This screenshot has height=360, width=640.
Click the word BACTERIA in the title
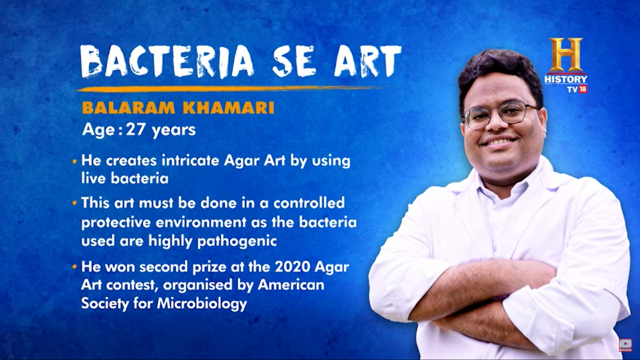tap(167, 62)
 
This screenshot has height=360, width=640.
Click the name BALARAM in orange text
tap(128, 108)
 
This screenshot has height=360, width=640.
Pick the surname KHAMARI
tap(228, 108)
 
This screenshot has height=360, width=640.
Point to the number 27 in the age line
tap(135, 130)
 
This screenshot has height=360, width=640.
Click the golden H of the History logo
tap(565, 55)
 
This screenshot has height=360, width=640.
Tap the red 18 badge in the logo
tap(582, 89)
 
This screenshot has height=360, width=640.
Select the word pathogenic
tap(237, 241)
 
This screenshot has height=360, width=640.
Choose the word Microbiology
tap(202, 303)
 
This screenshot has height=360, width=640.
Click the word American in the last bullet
tap(291, 285)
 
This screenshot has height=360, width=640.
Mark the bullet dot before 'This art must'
tap(75, 203)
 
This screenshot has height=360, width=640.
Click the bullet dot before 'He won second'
tap(75, 267)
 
